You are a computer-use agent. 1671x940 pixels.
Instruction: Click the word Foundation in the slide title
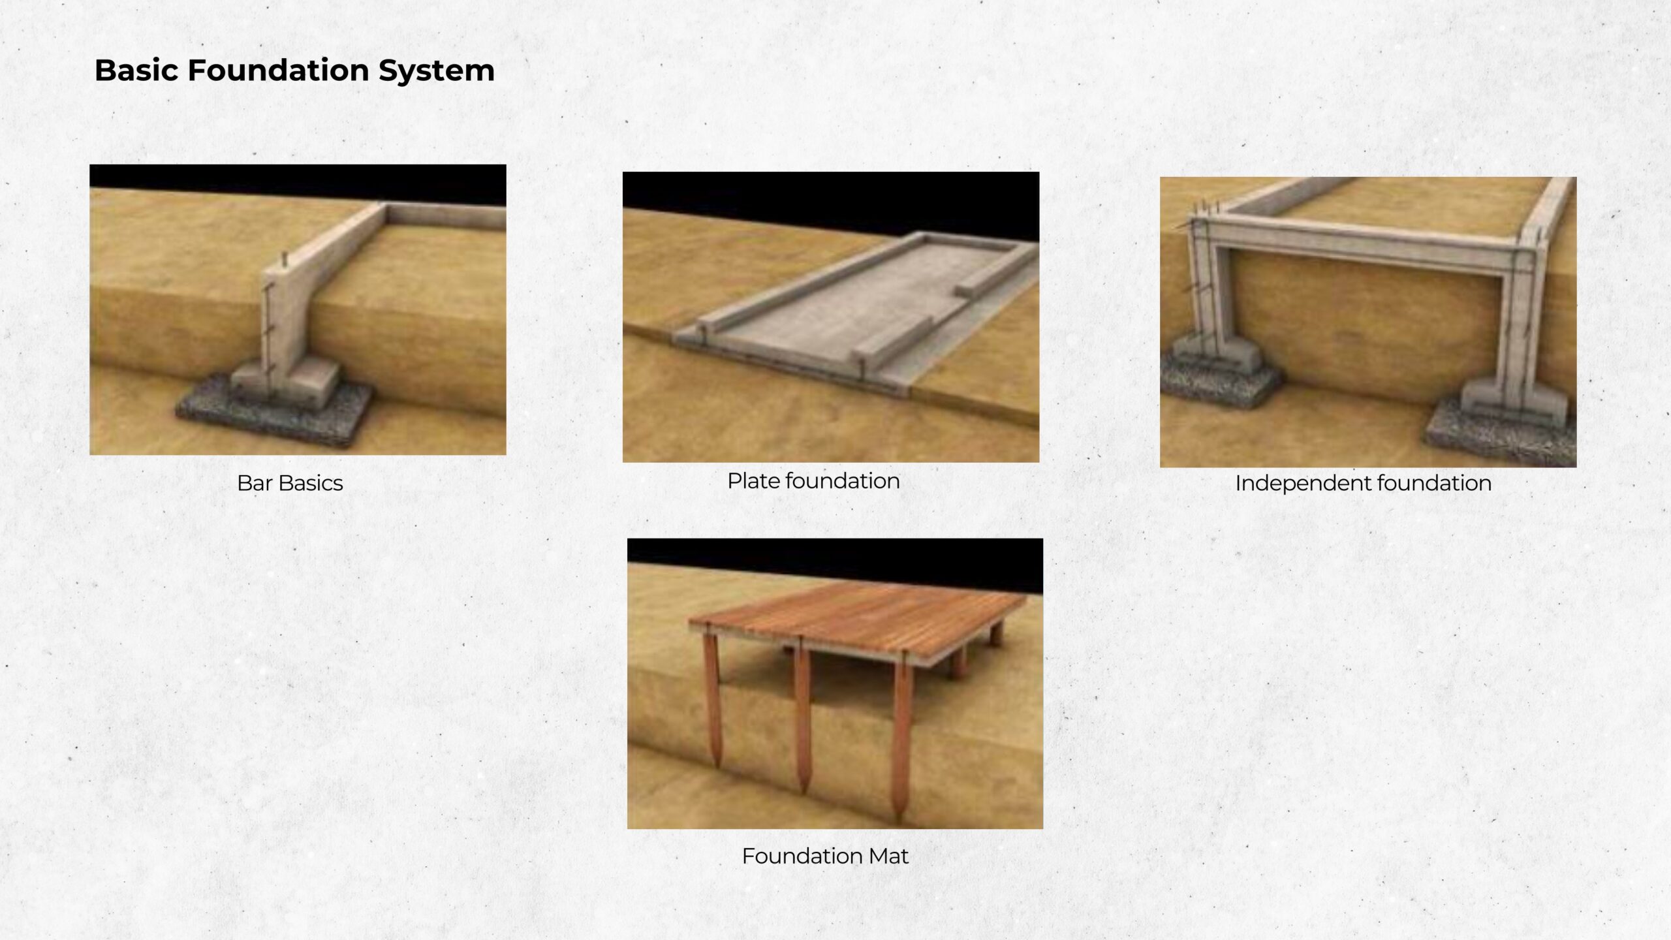tap(279, 70)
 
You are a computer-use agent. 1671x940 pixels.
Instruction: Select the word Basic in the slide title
tap(136, 70)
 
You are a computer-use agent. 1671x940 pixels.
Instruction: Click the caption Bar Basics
tap(290, 483)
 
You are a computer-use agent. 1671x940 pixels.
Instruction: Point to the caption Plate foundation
tap(813, 481)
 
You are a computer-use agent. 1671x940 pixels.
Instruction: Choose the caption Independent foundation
tap(1363, 483)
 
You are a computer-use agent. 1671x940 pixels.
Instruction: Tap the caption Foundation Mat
tap(825, 856)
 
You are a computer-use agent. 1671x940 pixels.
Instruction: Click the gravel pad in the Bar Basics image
tap(274, 411)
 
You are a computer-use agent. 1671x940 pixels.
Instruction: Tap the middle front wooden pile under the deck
tap(802, 718)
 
